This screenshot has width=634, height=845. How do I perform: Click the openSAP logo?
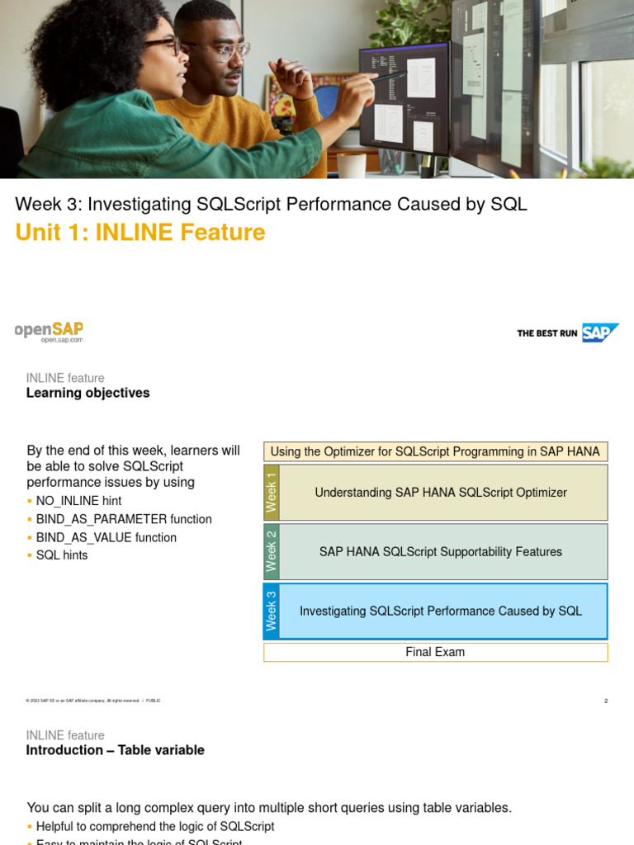50,330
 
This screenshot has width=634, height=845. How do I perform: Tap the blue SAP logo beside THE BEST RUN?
600,333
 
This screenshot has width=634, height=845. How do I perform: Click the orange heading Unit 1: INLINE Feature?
140,233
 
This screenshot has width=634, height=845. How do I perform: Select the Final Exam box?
435,652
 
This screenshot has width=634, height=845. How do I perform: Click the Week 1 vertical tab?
272,493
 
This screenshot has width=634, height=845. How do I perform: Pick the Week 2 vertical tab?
272,551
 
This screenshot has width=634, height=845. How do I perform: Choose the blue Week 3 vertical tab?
272,611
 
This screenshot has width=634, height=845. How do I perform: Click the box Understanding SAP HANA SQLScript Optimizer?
441,493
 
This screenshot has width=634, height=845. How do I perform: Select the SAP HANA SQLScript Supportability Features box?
441,551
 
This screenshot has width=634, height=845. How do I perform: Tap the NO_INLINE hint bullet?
78,501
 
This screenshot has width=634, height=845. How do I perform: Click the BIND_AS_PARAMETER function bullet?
124,519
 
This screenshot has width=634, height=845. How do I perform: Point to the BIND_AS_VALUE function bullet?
106,537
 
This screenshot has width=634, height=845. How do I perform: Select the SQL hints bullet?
62,555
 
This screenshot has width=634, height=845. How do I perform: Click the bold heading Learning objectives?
88,393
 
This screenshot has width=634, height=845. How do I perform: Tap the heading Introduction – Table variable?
115,750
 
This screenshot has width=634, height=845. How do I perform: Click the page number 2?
606,701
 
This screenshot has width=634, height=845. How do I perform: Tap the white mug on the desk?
351,165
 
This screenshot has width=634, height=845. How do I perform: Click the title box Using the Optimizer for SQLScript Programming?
435,451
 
